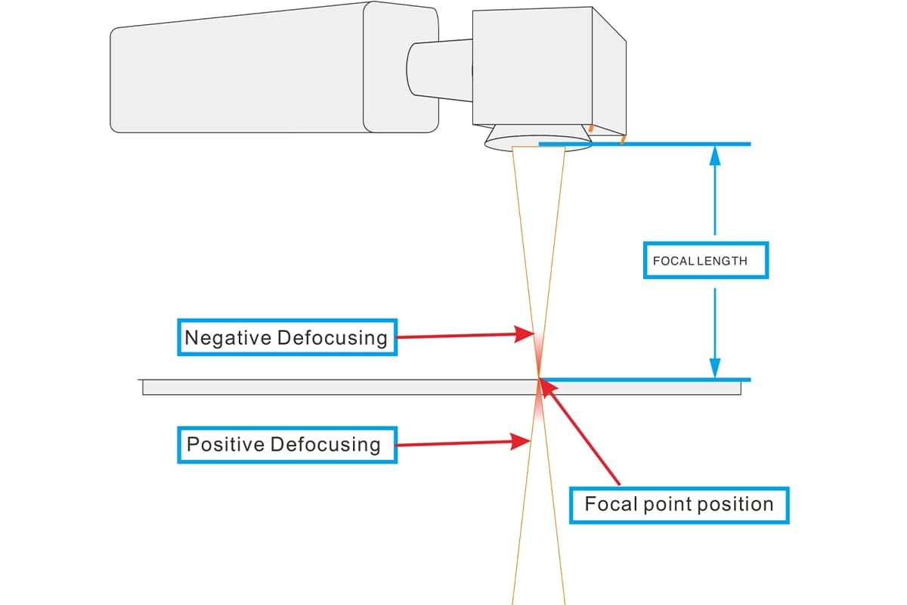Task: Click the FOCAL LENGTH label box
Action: tap(705, 260)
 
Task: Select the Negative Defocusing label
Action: tap(286, 337)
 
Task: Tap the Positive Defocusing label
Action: tap(286, 444)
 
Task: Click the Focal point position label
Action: tap(679, 504)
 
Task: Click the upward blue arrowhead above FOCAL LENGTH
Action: tap(714, 155)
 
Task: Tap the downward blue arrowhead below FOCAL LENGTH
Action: tap(714, 368)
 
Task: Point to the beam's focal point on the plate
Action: tap(538, 378)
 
